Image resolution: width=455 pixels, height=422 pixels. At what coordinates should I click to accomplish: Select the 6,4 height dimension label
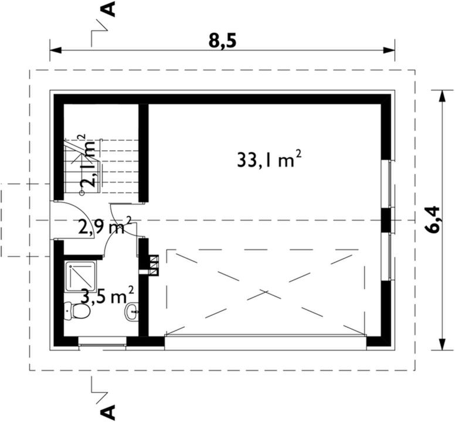click(434, 220)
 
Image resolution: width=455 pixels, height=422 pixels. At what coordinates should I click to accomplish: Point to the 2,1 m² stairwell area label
click(90, 162)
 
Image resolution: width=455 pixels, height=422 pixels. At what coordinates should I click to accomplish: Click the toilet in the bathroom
click(77, 310)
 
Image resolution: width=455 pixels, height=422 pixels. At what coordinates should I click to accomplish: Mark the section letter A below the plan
click(108, 409)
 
